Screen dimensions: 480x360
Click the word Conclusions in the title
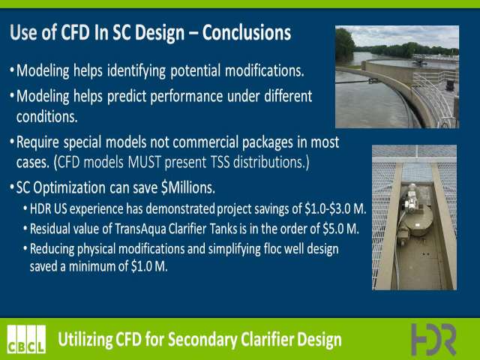247,32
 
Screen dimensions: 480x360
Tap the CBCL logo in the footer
27,339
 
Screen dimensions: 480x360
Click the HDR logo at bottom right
433,339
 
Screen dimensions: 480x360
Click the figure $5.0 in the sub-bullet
332,229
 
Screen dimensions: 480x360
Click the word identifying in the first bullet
136,71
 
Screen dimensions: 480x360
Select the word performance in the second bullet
187,97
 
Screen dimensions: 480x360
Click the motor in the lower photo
411,198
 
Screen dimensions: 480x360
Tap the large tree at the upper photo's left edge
345,45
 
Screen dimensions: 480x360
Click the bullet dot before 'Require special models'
12,142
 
